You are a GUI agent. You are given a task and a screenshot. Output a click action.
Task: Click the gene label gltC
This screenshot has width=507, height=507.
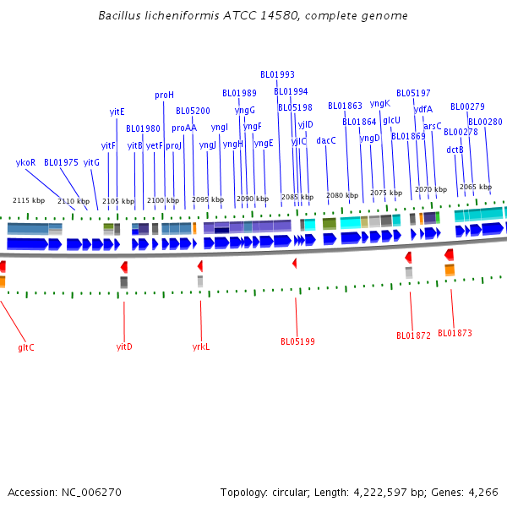pos(26,347)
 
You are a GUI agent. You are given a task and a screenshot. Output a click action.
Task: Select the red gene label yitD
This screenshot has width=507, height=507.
pos(124,346)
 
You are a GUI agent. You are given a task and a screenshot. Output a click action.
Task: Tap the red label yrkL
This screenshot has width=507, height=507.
pos(200,346)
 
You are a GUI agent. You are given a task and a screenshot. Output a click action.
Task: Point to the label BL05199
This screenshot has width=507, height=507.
pos(297,341)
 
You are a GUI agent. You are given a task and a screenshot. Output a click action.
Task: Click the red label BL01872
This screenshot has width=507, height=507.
pos(413,335)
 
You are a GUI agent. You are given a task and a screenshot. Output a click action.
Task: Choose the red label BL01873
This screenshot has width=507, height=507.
pos(455,333)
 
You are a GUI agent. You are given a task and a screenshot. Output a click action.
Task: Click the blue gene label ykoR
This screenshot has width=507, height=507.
pos(25,162)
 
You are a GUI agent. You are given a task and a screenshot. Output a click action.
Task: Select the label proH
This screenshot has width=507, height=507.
pos(164,95)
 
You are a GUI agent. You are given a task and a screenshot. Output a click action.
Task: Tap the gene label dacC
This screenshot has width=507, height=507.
pos(326,140)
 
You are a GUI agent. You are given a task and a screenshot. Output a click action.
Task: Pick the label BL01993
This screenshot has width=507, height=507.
pos(277,74)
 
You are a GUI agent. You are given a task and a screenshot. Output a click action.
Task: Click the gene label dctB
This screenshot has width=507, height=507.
pos(455,150)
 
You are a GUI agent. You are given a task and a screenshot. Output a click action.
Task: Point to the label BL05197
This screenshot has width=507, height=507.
pos(413,93)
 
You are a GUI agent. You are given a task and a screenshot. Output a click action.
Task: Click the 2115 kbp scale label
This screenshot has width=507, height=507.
pos(29,200)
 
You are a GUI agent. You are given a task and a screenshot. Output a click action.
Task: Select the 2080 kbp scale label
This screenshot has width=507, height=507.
pos(341,195)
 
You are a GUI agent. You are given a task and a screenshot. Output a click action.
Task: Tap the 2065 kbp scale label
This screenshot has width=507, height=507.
pos(475,187)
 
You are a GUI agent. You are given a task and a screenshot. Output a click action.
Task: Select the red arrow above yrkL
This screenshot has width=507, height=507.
pos(200,266)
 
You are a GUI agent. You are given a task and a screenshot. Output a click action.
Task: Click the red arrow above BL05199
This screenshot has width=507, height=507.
pos(295,264)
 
